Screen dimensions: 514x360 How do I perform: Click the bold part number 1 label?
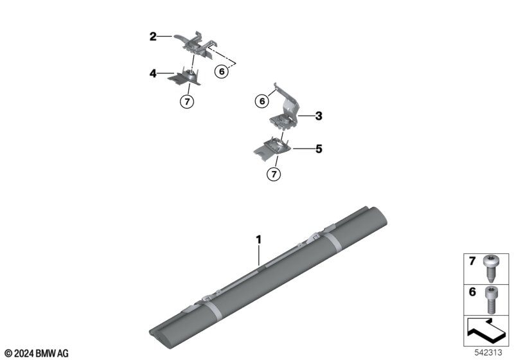[259, 240]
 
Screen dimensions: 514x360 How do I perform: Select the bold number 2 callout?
[153, 37]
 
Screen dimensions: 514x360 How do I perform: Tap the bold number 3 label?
[319, 116]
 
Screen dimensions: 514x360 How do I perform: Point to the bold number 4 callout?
[153, 73]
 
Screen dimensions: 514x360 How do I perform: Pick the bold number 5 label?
[319, 149]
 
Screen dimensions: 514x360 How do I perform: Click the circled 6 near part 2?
[222, 71]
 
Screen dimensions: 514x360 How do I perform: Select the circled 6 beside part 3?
[262, 101]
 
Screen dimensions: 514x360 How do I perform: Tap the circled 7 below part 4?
[187, 102]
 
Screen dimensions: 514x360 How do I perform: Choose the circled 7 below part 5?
[274, 174]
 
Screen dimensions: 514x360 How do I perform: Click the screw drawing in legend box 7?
[490, 269]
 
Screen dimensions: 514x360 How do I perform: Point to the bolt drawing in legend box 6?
[491, 300]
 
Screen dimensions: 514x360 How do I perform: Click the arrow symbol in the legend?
[485, 330]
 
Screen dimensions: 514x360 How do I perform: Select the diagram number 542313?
[488, 352]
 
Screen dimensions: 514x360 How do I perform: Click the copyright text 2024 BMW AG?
[37, 354]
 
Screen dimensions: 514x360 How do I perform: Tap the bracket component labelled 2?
[195, 46]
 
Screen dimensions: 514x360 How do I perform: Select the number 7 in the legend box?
[472, 261]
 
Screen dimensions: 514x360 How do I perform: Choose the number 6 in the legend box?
[472, 291]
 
